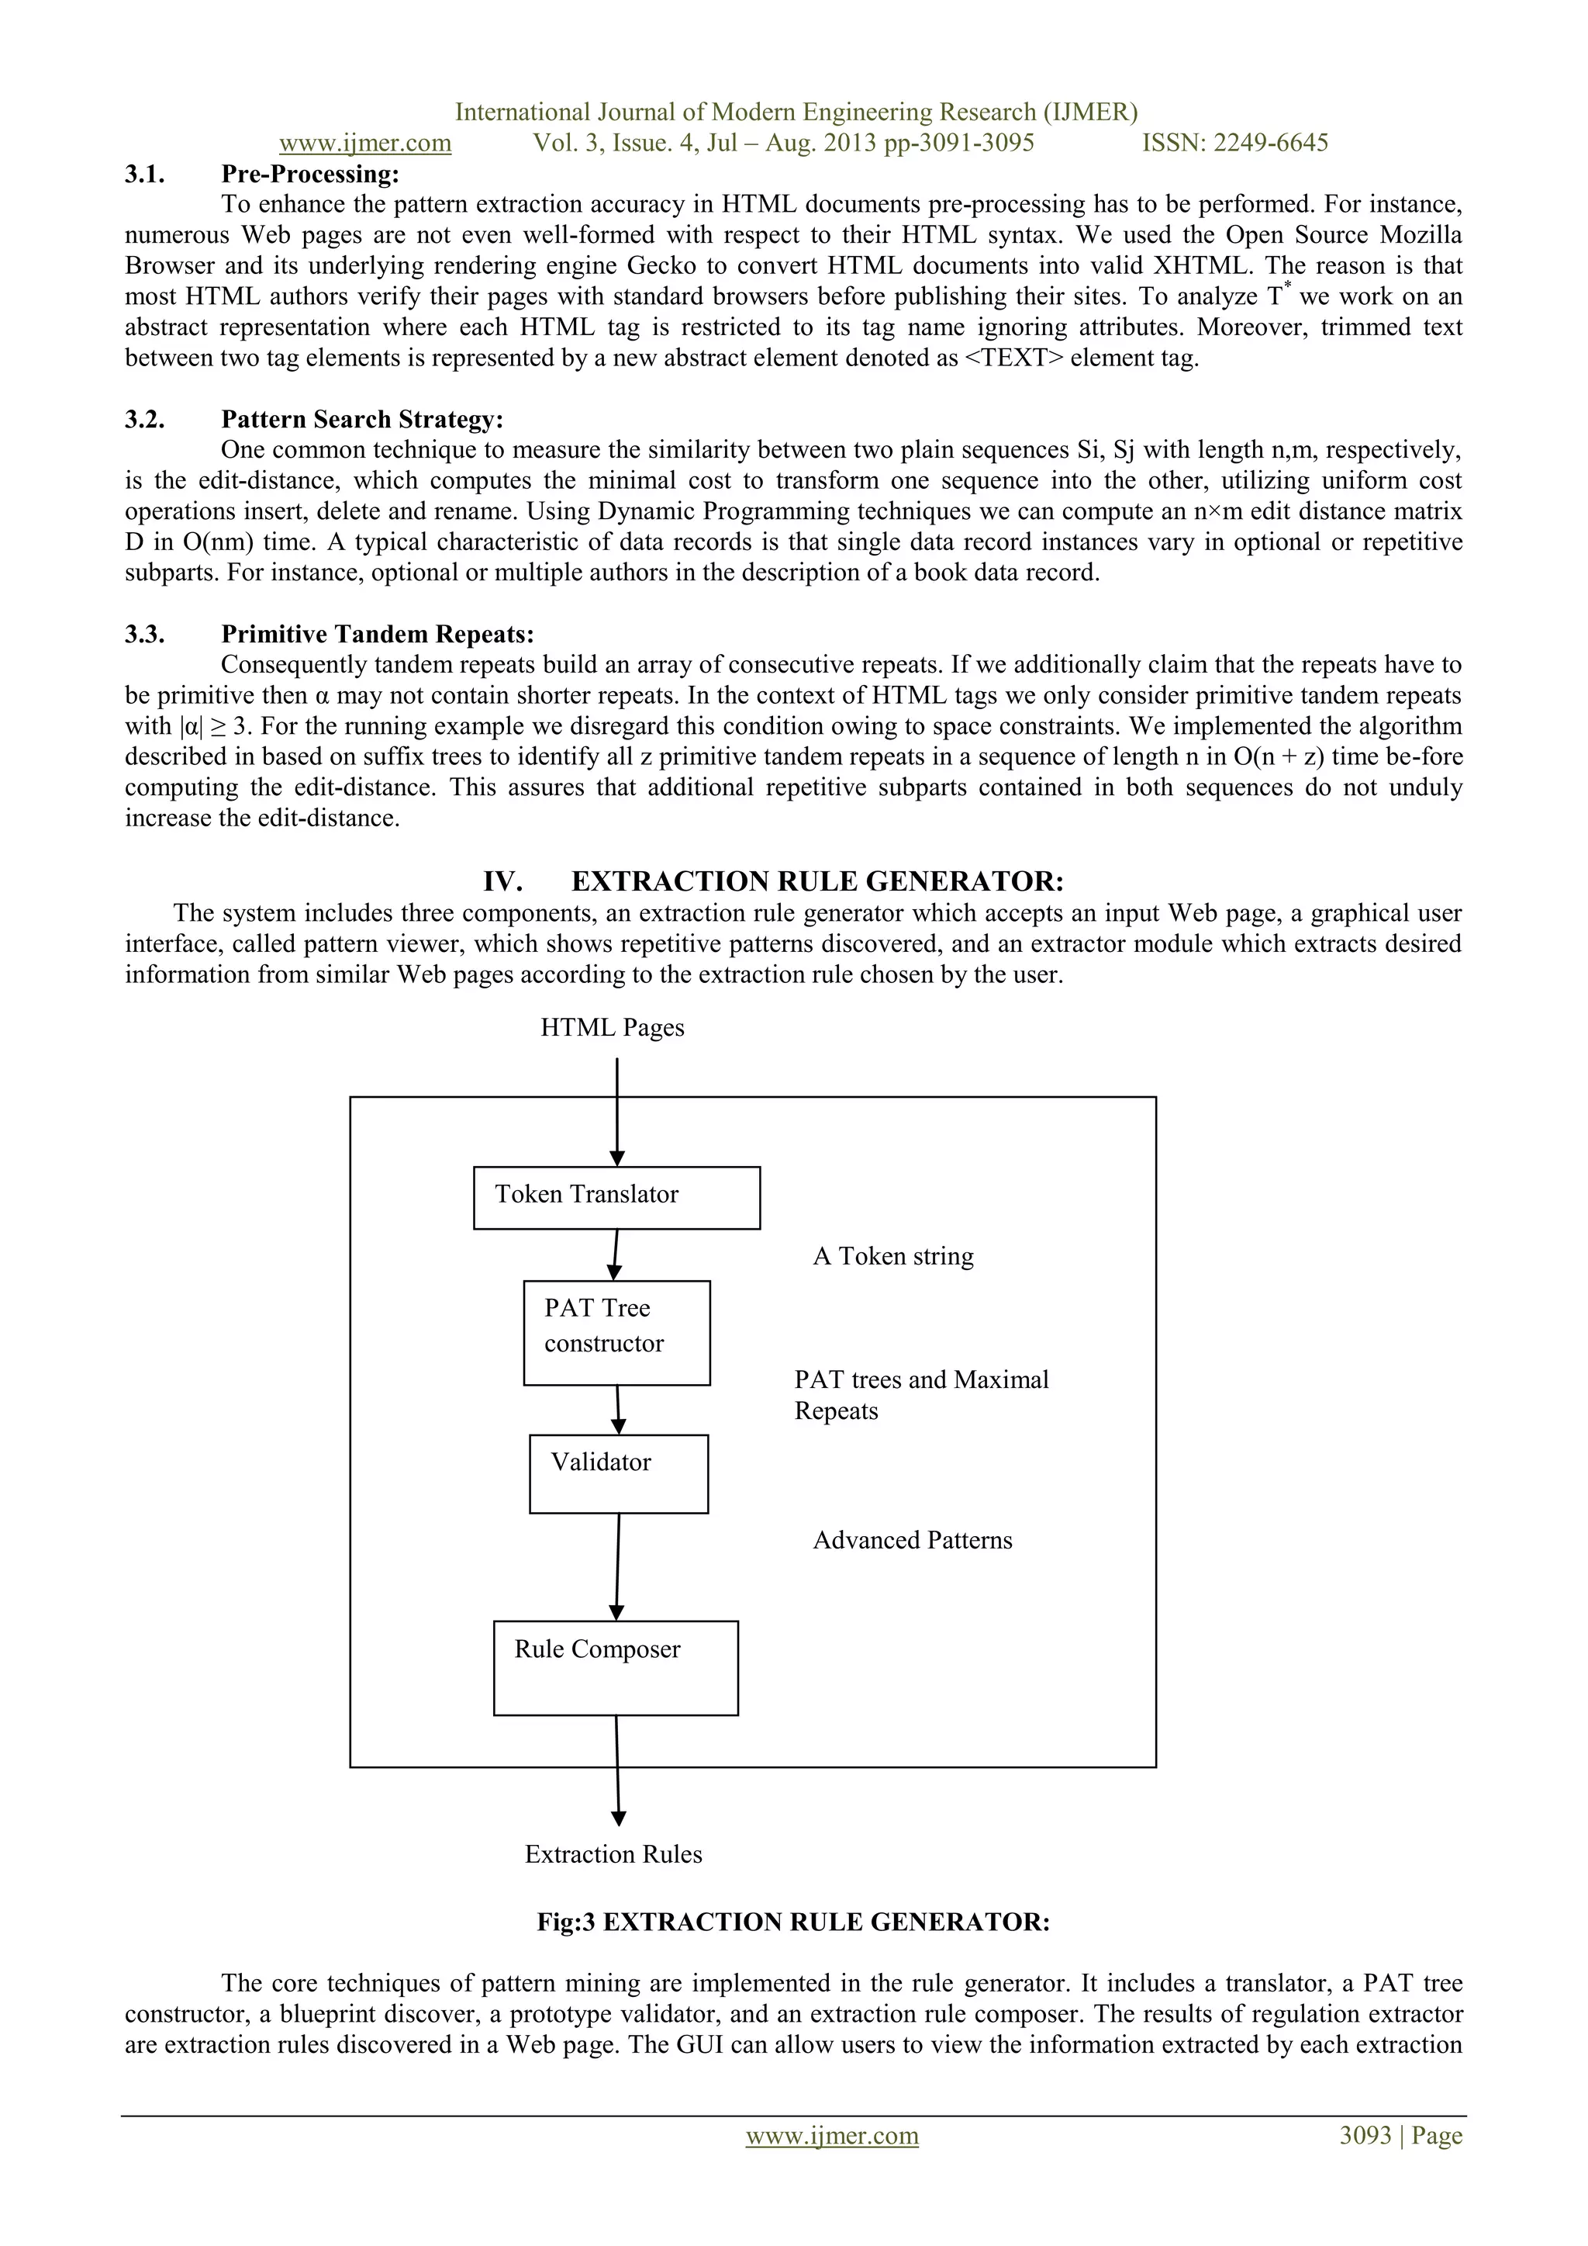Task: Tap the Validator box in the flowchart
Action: click(x=618, y=1473)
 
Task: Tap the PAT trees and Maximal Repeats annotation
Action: click(x=920, y=1395)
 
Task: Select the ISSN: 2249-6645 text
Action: click(x=1235, y=143)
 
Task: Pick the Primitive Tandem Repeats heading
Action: click(x=377, y=635)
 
